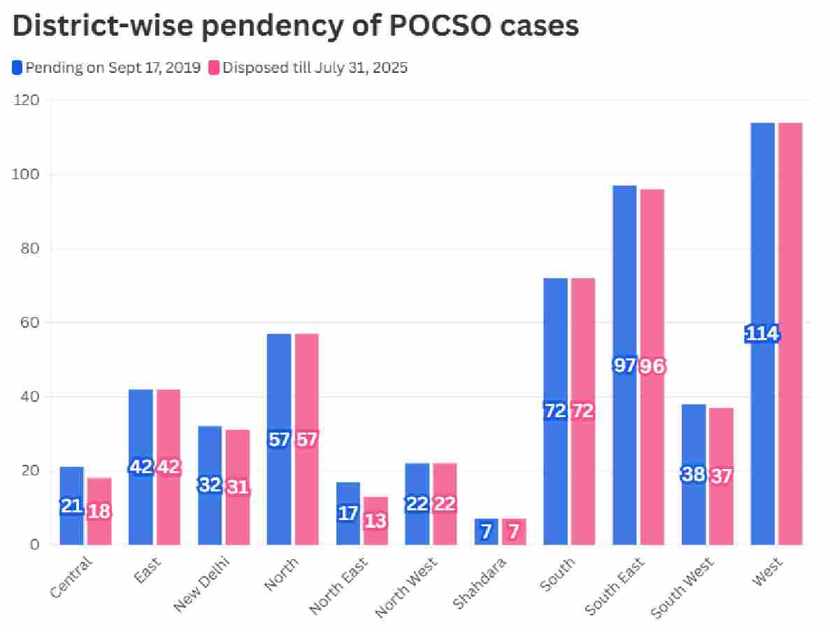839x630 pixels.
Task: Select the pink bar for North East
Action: pos(375,532)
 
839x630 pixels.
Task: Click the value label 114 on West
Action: pos(762,334)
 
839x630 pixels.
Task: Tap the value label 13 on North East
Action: pos(376,521)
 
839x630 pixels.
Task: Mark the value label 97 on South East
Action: pos(624,365)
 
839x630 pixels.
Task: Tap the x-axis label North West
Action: pos(407,587)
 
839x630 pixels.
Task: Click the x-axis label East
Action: pos(146,571)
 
